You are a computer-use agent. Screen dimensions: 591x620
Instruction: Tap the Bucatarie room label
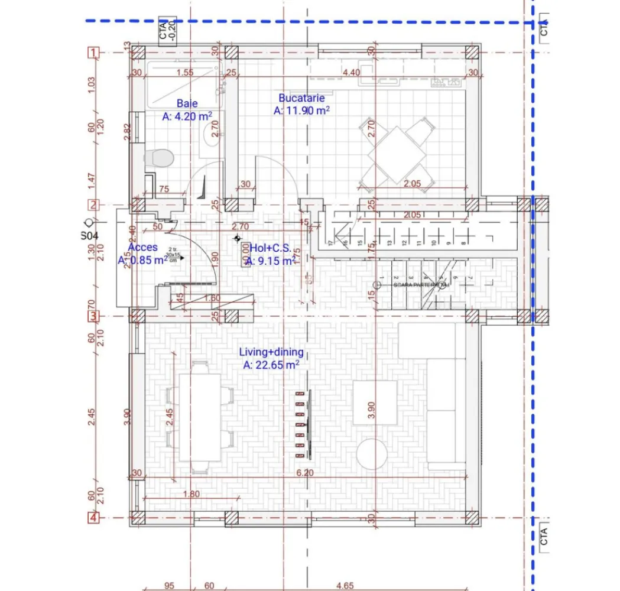pos(301,98)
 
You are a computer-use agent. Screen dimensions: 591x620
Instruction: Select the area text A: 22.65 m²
pos(271,365)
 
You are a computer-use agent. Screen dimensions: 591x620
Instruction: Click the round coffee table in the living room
pos(372,454)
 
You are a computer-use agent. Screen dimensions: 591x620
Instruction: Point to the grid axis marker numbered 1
pos(92,53)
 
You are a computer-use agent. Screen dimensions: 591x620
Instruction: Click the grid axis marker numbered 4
pos(93,518)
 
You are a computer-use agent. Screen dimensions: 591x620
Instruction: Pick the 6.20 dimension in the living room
pos(304,473)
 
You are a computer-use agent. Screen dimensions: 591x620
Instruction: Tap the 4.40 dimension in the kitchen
pos(351,73)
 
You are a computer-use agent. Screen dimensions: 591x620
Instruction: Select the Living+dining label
pos(271,352)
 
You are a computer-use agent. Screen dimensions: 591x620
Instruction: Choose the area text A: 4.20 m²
pos(187,116)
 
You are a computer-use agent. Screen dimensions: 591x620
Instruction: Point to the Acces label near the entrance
pos(142,248)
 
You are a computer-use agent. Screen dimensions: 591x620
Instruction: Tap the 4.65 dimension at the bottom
pos(345,586)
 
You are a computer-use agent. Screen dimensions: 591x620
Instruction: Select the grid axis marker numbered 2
pos(93,205)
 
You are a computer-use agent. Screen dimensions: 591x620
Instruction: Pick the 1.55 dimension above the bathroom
pos(184,73)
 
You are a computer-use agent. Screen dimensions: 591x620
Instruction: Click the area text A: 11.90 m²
pos(301,111)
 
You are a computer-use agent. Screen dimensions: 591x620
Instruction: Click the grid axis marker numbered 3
pos(93,316)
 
